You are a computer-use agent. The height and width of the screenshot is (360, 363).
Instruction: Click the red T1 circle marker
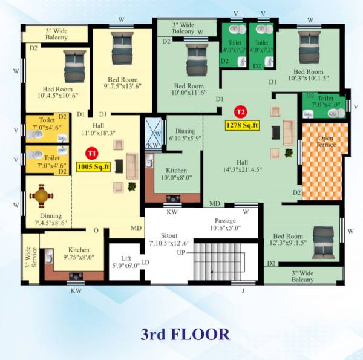(x=91, y=152)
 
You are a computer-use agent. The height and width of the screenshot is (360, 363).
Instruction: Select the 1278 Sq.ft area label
(x=242, y=126)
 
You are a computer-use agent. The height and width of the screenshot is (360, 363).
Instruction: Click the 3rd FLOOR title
(x=185, y=333)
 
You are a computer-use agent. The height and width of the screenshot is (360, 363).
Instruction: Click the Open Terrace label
(x=326, y=143)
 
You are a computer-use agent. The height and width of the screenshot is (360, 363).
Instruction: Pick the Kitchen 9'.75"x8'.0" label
(x=79, y=252)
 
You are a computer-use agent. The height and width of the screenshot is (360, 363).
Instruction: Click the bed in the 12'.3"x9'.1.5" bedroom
(x=321, y=236)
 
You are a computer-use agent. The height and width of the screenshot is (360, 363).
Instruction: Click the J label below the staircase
(x=243, y=290)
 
